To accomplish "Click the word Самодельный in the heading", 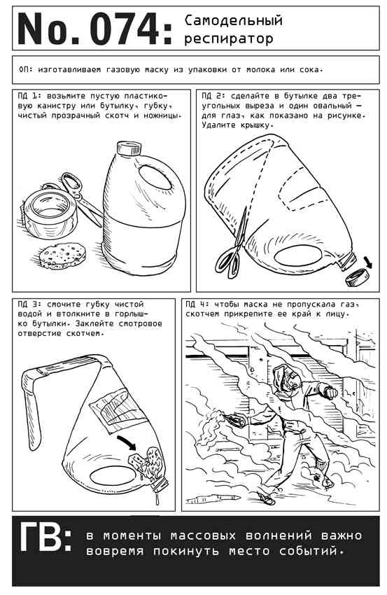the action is click(x=233, y=20).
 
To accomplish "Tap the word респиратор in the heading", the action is click(x=229, y=38).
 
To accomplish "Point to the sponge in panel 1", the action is click(x=62, y=255).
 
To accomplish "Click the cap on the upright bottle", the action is click(x=129, y=148).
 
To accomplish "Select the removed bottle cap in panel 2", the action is click(x=358, y=277).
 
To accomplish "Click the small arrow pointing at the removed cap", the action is click(x=367, y=262).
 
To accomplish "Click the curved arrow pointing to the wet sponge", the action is click(x=127, y=443).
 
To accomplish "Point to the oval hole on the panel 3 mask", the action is click(x=112, y=475).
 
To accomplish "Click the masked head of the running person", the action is click(x=287, y=379).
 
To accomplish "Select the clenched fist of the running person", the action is click(x=331, y=393).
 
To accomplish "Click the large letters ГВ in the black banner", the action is click(x=45, y=538).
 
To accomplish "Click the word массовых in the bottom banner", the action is click(x=203, y=535).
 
